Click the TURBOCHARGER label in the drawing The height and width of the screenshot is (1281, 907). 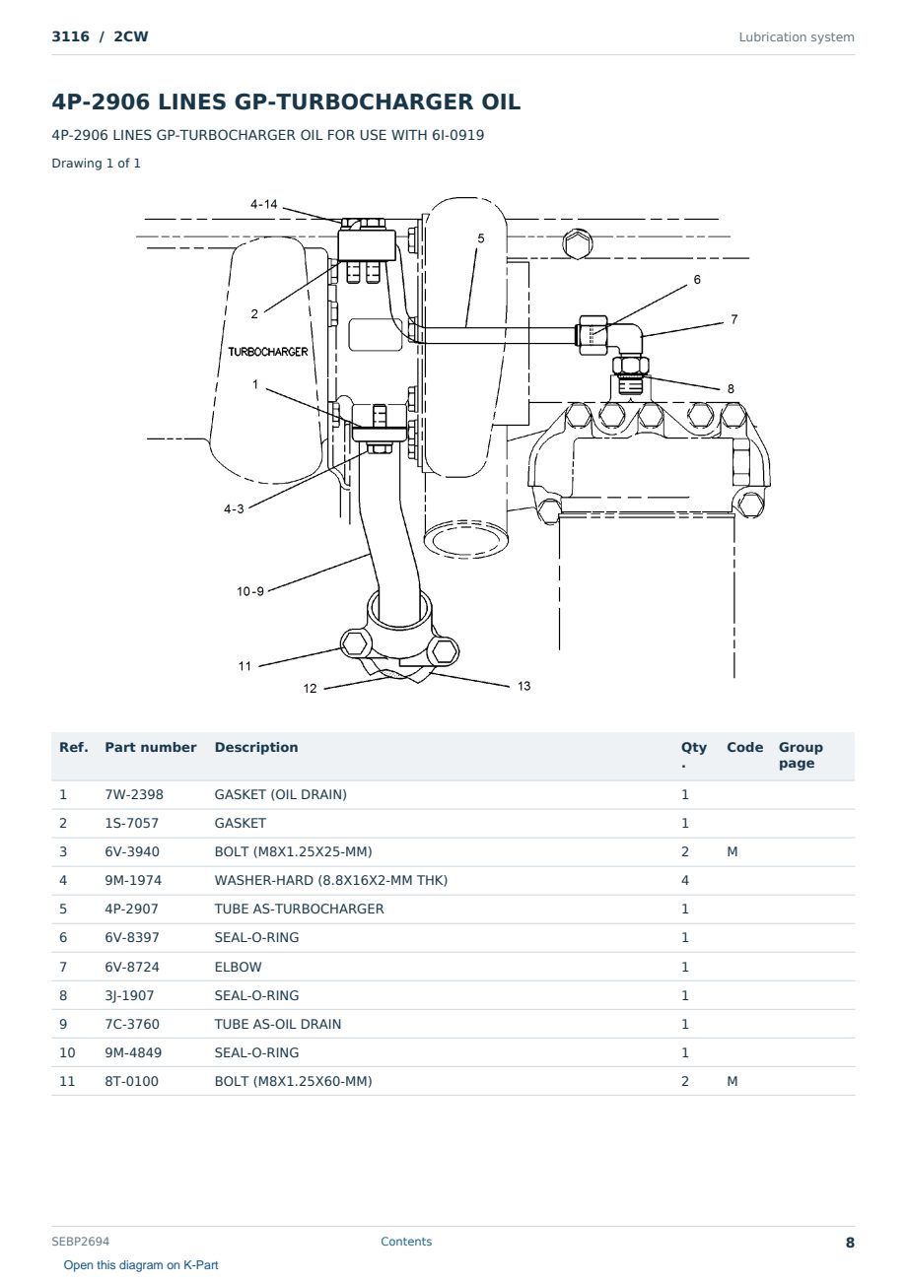[268, 352]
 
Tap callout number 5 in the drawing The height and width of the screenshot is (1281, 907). [481, 237]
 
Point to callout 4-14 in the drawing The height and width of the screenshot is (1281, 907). [264, 204]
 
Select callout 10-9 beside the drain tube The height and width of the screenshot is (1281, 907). [250, 591]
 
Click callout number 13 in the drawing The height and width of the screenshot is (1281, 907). [523, 686]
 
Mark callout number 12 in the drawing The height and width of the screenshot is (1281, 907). [310, 688]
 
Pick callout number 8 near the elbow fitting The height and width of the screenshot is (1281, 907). [731, 389]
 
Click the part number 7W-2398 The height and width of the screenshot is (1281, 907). [134, 794]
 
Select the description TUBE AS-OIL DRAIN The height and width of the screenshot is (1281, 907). [278, 1024]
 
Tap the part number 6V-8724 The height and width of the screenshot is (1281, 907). [132, 967]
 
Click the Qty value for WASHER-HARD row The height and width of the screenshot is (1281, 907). [685, 880]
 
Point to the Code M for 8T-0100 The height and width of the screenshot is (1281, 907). [732, 1081]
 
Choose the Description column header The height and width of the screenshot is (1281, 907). [256, 748]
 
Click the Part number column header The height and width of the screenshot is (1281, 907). [151, 748]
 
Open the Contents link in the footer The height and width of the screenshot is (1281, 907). [406, 1241]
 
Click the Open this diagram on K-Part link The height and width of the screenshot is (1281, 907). [141, 1265]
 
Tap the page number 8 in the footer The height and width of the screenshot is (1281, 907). [850, 1243]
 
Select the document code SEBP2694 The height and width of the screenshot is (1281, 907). [81, 1241]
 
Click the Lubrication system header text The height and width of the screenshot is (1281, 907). [797, 37]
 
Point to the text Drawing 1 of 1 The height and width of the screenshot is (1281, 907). [97, 164]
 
